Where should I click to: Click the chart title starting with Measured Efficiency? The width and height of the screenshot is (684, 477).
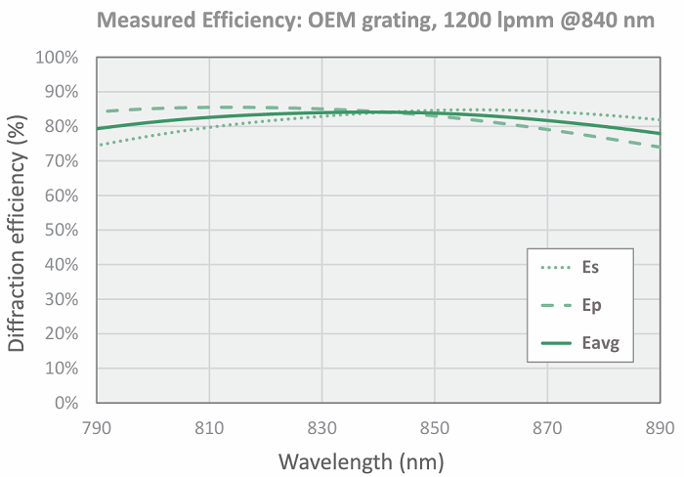[374, 19]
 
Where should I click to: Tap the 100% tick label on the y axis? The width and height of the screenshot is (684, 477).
[56, 58]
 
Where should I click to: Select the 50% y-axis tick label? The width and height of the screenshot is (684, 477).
[60, 231]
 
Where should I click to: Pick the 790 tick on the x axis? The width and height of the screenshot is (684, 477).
[97, 426]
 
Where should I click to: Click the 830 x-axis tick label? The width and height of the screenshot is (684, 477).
[322, 426]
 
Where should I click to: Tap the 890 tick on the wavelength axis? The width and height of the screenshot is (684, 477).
[661, 426]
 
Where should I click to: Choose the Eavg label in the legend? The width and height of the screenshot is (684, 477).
[599, 343]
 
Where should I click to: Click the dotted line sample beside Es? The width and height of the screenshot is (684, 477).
[555, 265]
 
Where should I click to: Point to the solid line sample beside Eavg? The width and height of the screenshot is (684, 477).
[555, 343]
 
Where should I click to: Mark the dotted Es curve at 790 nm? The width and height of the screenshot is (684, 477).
[98, 146]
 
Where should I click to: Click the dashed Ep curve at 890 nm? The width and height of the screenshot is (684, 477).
[660, 148]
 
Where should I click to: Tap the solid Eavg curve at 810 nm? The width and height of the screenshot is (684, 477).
[209, 117]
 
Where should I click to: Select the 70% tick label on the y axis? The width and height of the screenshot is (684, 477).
[60, 161]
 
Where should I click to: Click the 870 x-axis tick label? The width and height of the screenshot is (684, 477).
[548, 426]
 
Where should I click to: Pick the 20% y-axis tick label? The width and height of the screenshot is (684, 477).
[60, 334]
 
